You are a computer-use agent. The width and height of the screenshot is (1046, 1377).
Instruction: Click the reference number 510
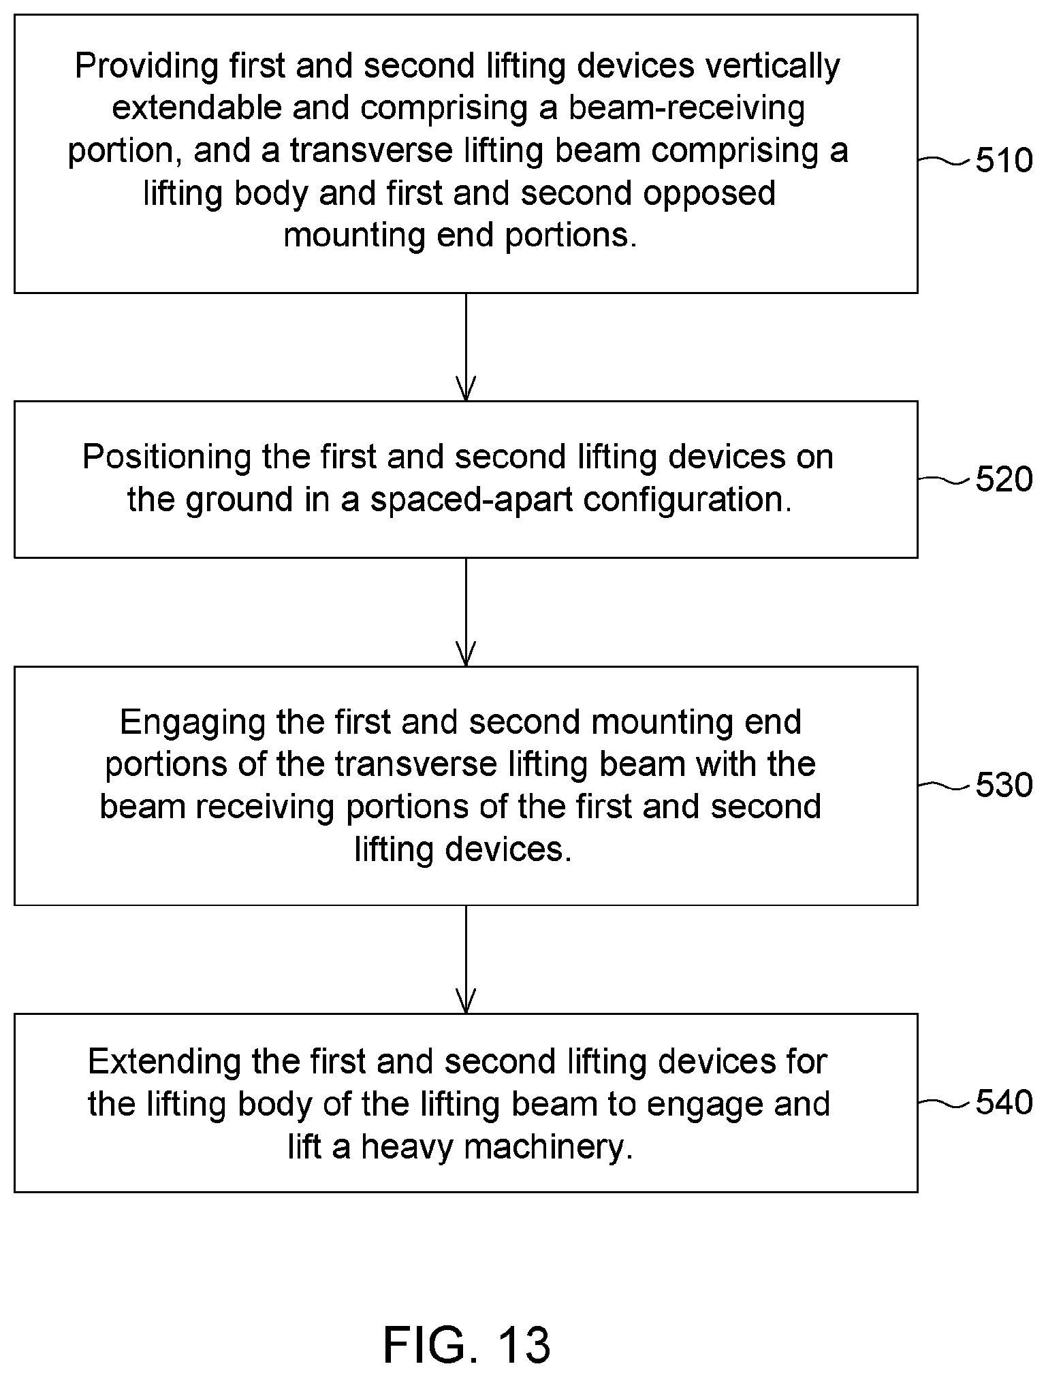coord(1004,161)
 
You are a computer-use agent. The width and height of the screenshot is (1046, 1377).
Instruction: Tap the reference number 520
coord(1004,480)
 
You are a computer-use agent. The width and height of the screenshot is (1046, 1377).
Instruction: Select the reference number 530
coord(1004,785)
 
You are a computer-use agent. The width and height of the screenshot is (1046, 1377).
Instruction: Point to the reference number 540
coord(1004,1103)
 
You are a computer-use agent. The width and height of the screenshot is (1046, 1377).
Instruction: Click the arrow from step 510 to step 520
coord(466,347)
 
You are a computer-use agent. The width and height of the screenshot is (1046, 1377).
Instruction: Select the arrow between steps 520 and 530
coord(466,612)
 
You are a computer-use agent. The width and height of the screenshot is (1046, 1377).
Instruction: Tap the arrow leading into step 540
coord(466,959)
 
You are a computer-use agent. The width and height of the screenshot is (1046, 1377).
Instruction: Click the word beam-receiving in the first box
coord(687,109)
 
